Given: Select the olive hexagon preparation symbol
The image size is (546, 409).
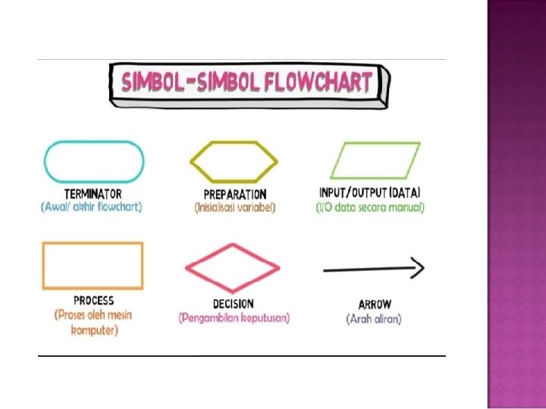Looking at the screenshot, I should coord(233,161).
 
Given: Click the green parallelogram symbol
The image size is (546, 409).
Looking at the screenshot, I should coord(375,161).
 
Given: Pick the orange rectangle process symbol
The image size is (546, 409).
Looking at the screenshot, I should coord(93,265).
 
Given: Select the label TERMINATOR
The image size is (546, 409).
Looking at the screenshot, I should coord(93,195).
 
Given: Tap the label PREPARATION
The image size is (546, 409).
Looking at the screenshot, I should coord(234,195).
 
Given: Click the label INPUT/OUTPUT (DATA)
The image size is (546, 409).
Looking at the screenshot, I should coord(370,193).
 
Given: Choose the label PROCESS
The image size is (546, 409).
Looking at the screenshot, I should coord(94,301).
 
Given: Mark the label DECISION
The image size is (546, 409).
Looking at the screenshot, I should coord(234,304).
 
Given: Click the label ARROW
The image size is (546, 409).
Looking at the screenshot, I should coord(374,304).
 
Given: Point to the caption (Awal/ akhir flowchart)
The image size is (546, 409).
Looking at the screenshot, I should coord(92,207).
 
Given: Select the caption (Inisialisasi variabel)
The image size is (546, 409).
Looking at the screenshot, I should coord(235,208).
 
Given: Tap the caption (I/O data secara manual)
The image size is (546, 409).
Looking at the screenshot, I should coord(370,207).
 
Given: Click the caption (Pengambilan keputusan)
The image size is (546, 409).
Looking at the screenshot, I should coord(234,318).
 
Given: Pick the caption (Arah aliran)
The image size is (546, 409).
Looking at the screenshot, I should coord(374,319).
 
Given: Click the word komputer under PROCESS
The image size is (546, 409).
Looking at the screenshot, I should coord(94,330).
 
